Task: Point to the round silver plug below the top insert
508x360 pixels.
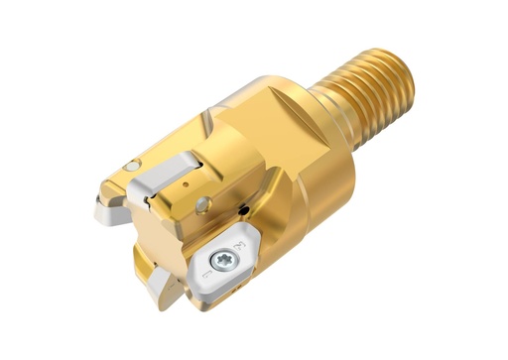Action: point(203,204)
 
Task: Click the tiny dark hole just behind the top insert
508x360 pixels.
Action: point(186,185)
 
